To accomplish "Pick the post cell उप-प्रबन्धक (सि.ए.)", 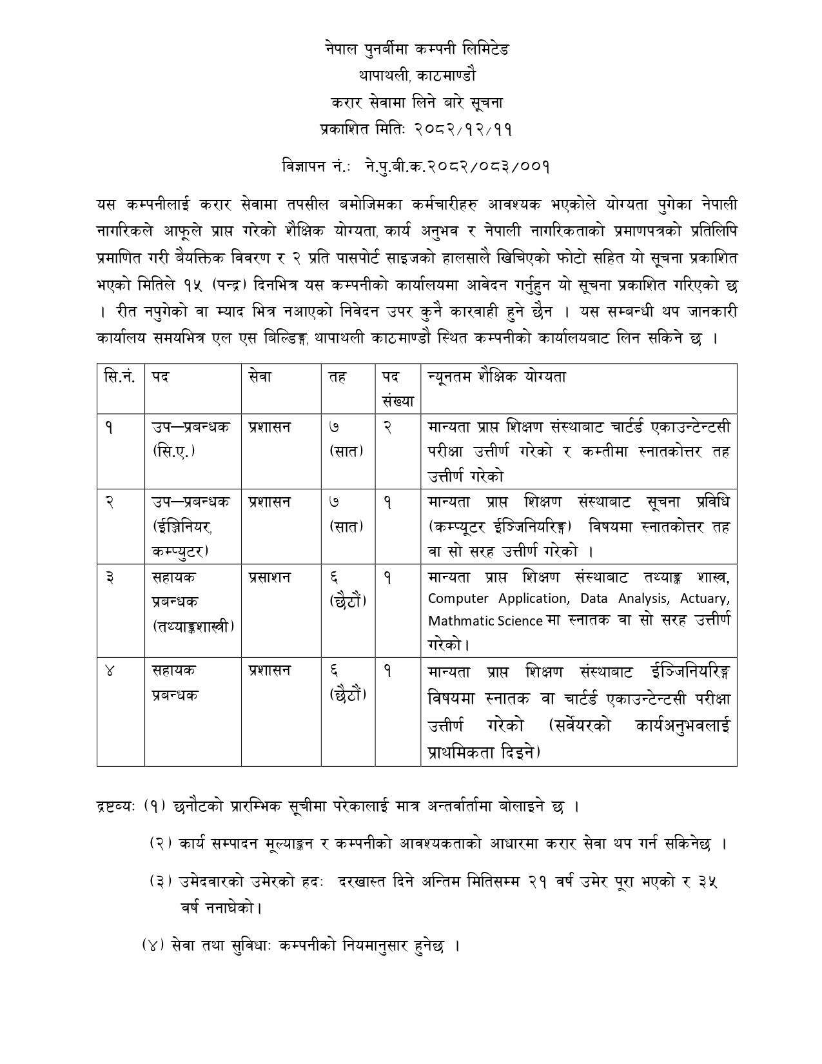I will click(191, 438).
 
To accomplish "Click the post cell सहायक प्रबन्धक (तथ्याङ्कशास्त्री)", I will click(193, 602).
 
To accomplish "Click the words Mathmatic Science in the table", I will click(485, 621).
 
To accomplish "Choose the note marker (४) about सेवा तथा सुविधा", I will click(153, 946).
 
